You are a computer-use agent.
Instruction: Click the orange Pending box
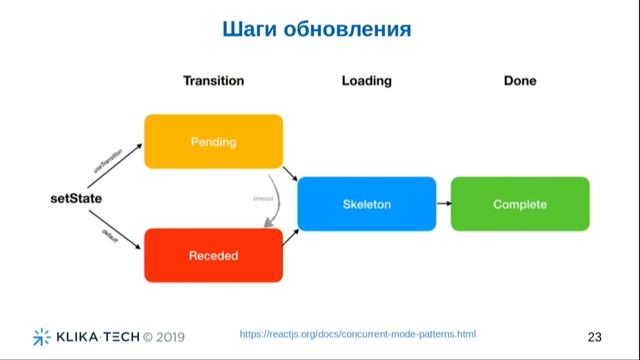pyautogui.click(x=213, y=141)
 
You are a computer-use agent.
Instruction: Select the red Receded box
pyautogui.click(x=213, y=255)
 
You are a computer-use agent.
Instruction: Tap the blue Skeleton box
pyautogui.click(x=367, y=204)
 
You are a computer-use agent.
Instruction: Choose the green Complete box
pyautogui.click(x=520, y=204)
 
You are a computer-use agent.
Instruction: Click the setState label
pyautogui.click(x=77, y=199)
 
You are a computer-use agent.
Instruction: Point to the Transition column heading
pyautogui.click(x=213, y=81)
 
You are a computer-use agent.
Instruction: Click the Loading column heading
pyautogui.click(x=366, y=81)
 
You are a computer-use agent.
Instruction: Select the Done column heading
pyautogui.click(x=520, y=81)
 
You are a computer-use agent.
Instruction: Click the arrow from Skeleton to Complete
pyautogui.click(x=443, y=204)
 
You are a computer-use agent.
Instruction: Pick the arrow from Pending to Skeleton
pyautogui.click(x=290, y=175)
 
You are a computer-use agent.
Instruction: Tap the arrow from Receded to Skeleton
pyautogui.click(x=291, y=236)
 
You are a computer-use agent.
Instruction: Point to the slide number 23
pyautogui.click(x=595, y=335)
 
